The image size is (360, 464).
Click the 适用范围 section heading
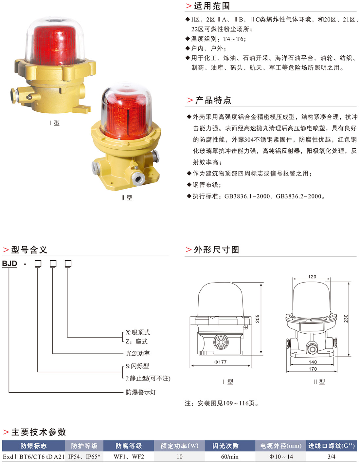click(211, 6)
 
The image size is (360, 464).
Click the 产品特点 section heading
click(213, 100)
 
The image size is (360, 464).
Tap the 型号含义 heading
click(29, 250)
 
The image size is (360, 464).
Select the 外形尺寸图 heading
click(216, 250)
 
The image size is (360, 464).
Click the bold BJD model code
click(9, 264)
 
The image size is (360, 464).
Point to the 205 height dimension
click(257, 319)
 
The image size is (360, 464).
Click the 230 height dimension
click(346, 319)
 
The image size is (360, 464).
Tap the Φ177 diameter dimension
click(221, 362)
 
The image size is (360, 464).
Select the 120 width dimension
click(312, 277)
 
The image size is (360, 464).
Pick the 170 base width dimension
click(313, 369)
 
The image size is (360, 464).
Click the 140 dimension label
click(313, 362)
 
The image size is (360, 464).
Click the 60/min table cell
click(230, 457)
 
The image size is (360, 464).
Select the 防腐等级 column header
click(129, 446)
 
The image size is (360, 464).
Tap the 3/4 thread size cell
click(332, 457)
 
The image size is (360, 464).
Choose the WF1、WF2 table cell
click(129, 457)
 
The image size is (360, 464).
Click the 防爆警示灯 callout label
click(141, 392)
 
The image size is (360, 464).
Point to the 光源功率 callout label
click(138, 354)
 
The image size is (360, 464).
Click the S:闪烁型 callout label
click(137, 366)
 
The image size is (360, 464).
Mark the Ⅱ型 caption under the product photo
click(127, 198)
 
